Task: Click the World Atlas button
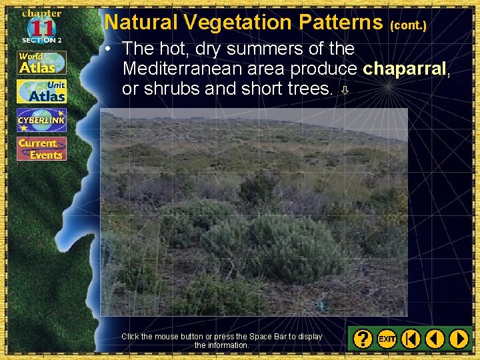point(41,63)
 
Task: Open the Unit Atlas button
point(41,91)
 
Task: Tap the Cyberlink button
point(41,120)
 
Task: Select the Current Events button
point(41,149)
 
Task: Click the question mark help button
point(363,339)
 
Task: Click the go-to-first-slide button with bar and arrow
point(411,339)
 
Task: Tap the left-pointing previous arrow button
point(435,339)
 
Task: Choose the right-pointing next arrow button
point(459,339)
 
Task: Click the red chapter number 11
point(41,27)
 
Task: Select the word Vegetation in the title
point(239,22)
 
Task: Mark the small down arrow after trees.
point(345,90)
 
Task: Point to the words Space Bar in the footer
point(268,337)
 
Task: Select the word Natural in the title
point(141,22)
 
